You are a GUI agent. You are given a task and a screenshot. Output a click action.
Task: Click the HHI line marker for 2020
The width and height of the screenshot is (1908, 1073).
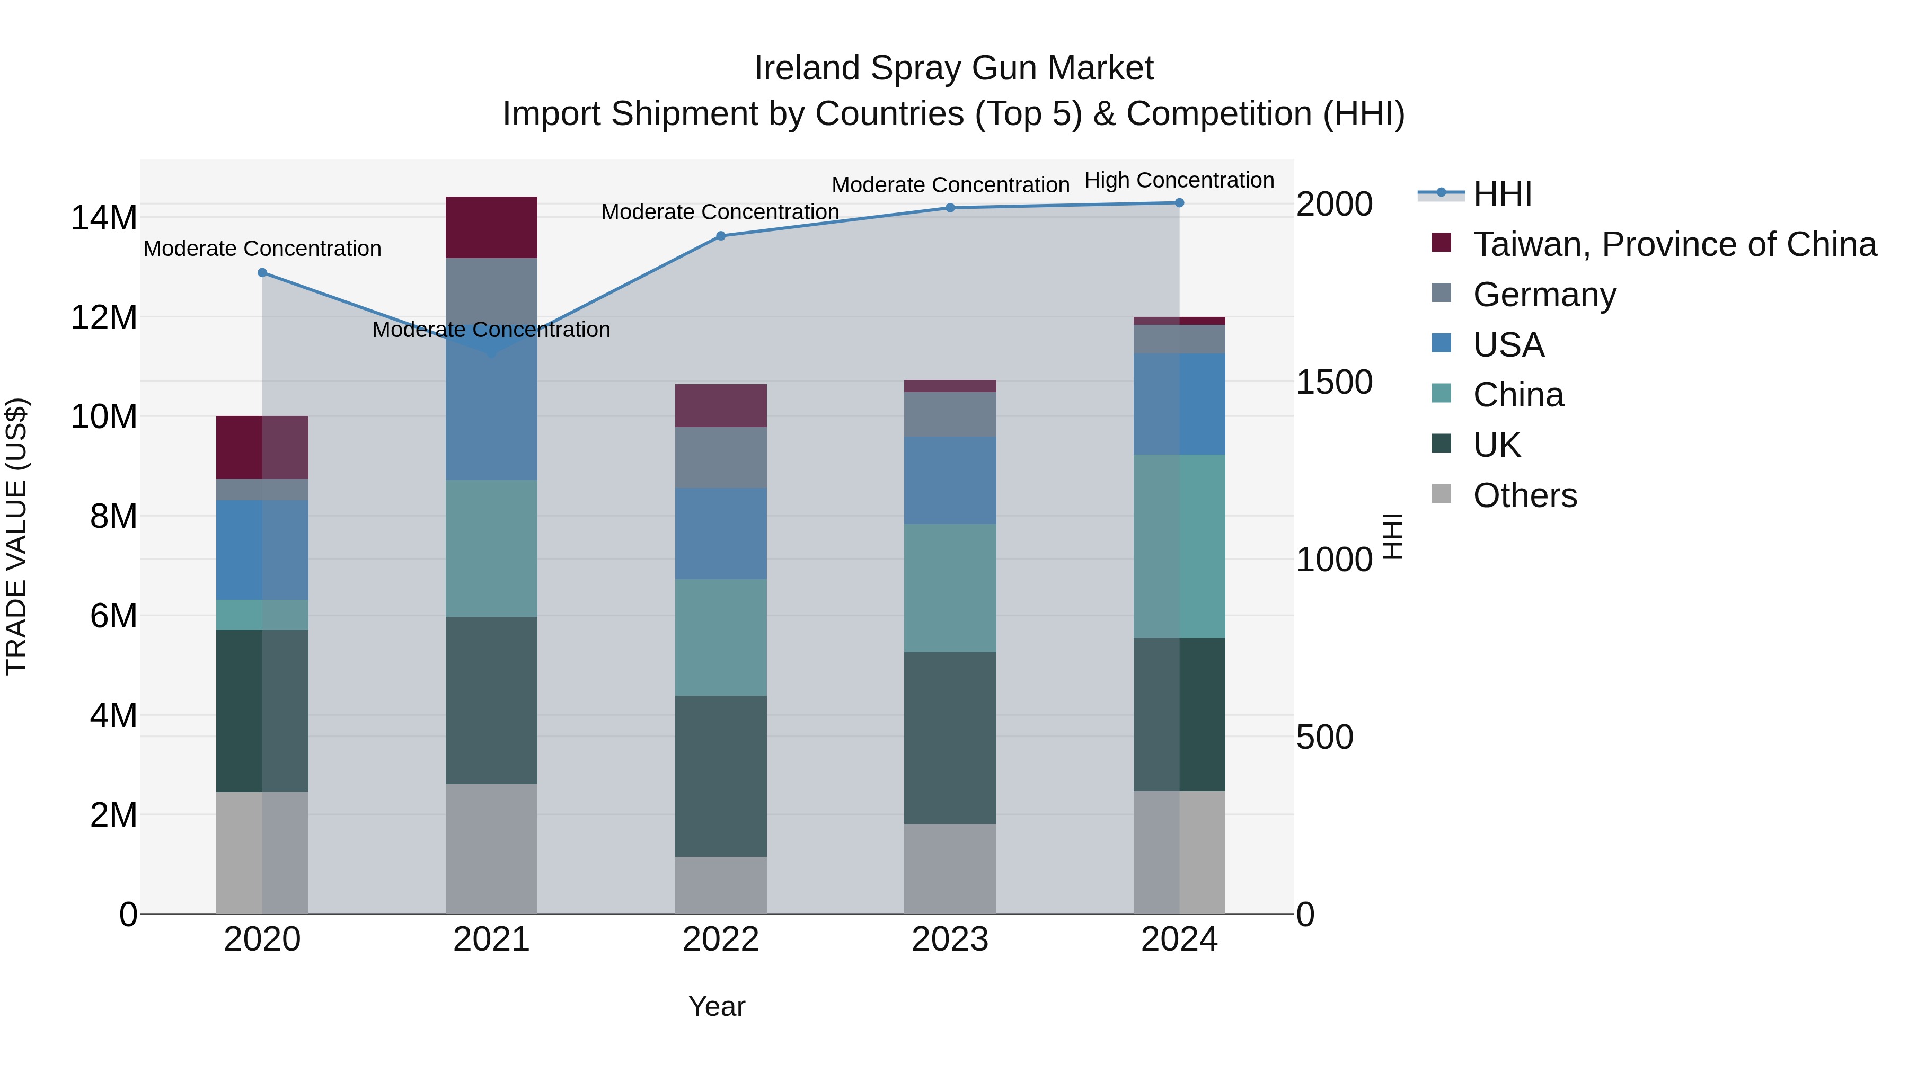(x=262, y=272)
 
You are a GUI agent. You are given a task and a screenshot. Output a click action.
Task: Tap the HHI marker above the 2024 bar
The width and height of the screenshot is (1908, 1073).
(x=1179, y=203)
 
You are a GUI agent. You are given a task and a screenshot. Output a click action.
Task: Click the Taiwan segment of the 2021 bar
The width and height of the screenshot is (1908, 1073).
(x=491, y=227)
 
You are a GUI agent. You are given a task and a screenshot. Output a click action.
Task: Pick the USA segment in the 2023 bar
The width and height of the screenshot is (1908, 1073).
(x=950, y=481)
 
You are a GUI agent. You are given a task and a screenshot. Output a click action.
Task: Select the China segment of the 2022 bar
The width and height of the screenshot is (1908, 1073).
(x=721, y=637)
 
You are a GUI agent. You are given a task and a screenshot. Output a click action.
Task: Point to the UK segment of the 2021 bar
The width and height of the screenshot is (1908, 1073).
(x=491, y=700)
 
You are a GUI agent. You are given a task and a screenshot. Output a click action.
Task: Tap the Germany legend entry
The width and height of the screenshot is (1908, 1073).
(x=1544, y=295)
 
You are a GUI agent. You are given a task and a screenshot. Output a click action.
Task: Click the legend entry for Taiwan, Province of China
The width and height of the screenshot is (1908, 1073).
(x=1674, y=244)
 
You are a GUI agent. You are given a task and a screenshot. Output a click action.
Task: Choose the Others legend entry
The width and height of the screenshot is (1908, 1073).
(x=1524, y=495)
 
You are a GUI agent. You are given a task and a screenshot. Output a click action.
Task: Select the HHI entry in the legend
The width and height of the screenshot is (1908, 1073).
(x=1502, y=194)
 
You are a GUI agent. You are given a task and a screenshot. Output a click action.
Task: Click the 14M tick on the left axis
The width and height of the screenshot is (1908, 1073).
(x=104, y=218)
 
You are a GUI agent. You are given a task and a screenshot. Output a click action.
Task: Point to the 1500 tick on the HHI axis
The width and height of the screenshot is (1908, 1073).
(x=1334, y=382)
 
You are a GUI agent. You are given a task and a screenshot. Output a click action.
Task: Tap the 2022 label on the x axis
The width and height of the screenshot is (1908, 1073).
(x=721, y=939)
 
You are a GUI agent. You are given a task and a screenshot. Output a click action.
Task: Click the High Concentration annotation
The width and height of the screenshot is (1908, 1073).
(x=1179, y=181)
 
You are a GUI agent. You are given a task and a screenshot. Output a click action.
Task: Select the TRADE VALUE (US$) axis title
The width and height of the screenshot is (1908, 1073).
(x=16, y=536)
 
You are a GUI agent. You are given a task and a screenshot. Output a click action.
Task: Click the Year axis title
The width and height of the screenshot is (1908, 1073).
(x=716, y=1006)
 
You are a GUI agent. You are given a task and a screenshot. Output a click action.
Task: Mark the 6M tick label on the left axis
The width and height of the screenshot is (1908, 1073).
(x=113, y=616)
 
